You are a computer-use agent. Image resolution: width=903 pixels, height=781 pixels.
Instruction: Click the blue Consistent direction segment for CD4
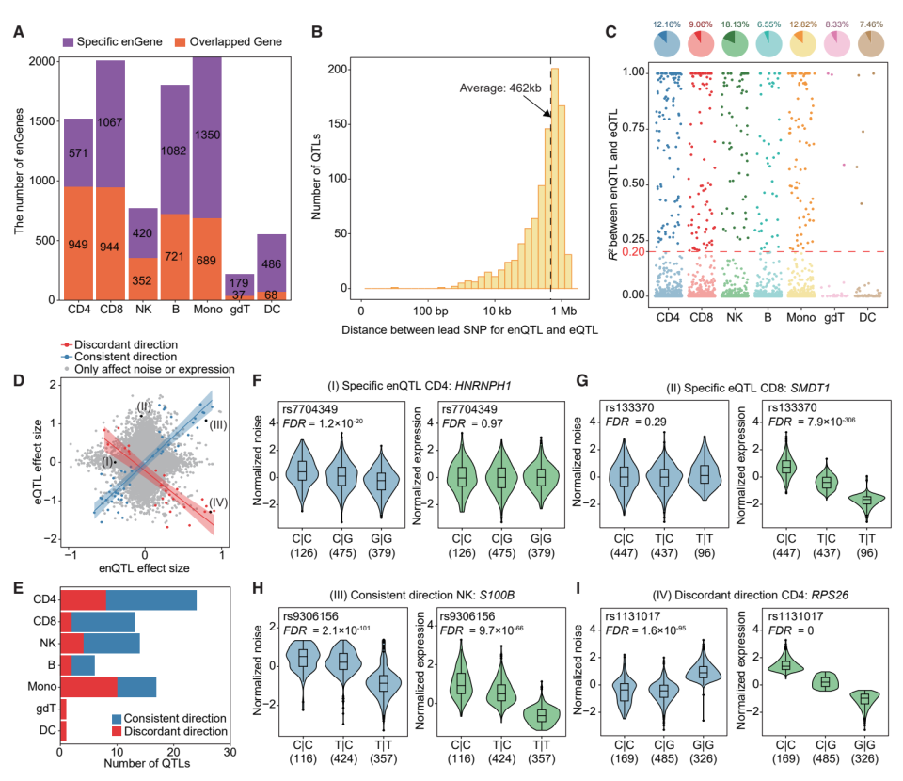[x=151, y=600]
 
